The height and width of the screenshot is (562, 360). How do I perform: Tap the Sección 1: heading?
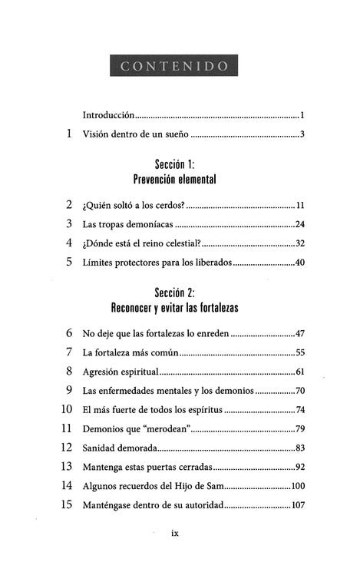click(x=175, y=165)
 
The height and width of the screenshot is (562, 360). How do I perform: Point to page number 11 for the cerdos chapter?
click(x=301, y=206)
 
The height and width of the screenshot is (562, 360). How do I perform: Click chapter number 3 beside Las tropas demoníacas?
click(x=69, y=224)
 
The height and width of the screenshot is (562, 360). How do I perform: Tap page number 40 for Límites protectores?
click(x=300, y=262)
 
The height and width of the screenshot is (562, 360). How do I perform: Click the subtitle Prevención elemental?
click(x=175, y=180)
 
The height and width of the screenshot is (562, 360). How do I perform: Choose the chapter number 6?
click(x=69, y=333)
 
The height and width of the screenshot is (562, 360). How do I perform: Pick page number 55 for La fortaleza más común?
click(x=300, y=352)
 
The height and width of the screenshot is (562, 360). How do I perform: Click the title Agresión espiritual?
click(x=119, y=372)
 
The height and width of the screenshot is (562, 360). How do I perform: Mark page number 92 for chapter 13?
click(x=300, y=466)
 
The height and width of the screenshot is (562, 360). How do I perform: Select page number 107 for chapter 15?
click(x=298, y=504)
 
